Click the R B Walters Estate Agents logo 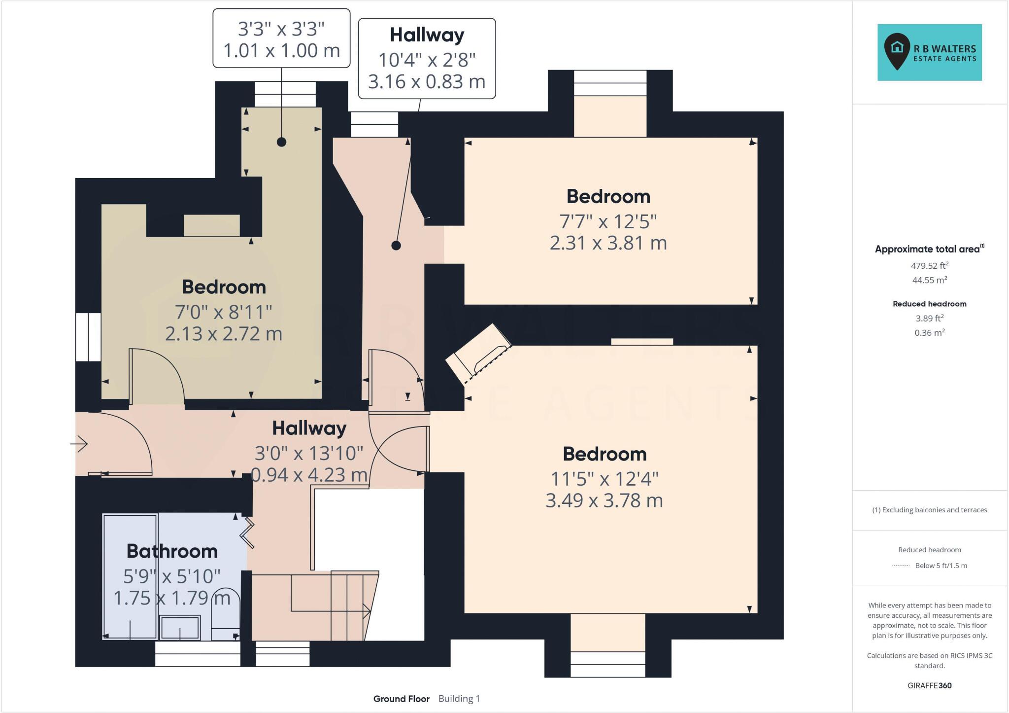929,52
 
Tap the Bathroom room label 172,551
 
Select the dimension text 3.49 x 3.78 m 604,500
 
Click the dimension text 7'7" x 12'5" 608,221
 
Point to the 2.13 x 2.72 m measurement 224,334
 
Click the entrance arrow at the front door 80,444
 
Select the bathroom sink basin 180,628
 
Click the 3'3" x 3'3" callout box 281,38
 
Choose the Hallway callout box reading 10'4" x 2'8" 427,59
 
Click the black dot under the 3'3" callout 281,142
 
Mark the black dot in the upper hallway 396,245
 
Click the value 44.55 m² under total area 929,280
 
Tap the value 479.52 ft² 929,266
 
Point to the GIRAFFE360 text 929,685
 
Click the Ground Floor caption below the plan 401,699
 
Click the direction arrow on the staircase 367,611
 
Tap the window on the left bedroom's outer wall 88,337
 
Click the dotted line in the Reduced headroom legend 901,566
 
